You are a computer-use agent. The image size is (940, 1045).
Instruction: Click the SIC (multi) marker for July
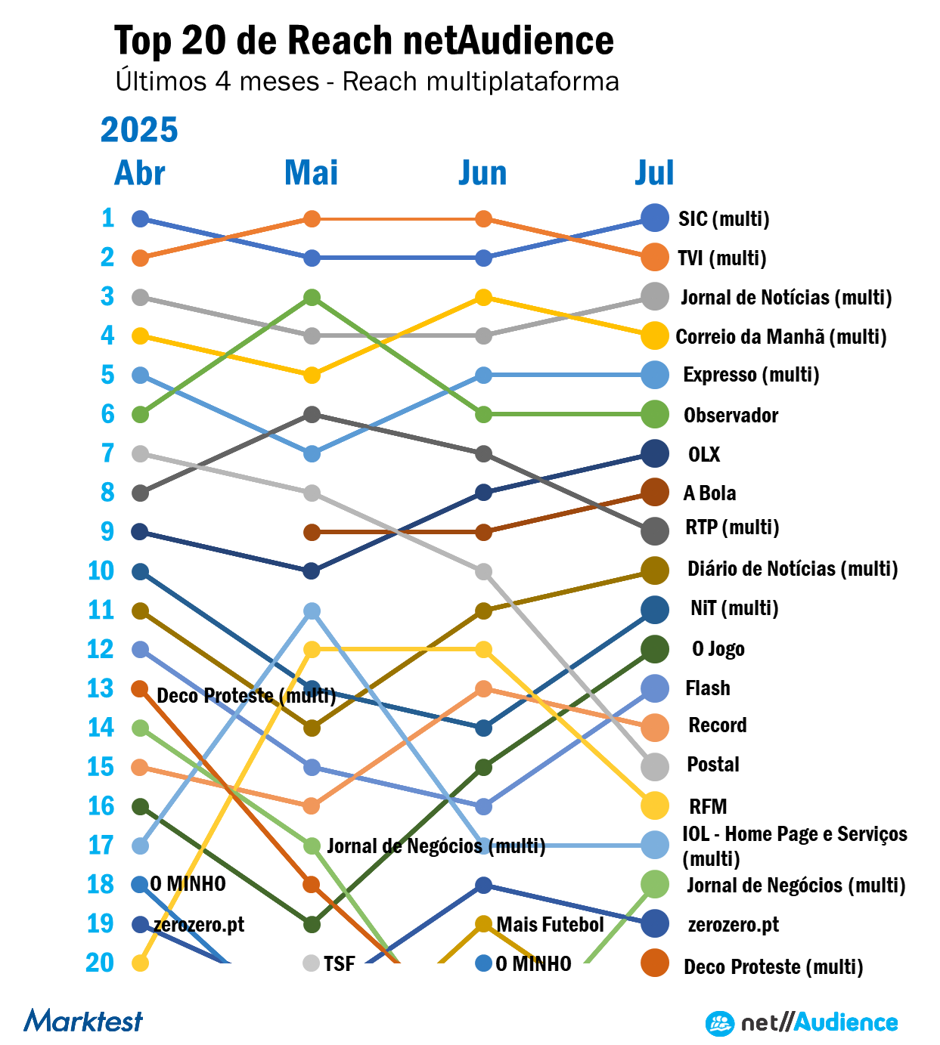[x=654, y=218]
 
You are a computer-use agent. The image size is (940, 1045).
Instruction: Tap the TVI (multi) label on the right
[x=722, y=258]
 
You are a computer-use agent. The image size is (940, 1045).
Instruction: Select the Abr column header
[x=140, y=173]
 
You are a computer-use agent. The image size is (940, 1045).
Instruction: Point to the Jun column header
[x=482, y=173]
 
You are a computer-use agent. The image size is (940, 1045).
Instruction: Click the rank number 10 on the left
[x=101, y=571]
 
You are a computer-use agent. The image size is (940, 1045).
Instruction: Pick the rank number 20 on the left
[x=100, y=963]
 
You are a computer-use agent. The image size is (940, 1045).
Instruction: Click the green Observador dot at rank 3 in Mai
[x=312, y=298]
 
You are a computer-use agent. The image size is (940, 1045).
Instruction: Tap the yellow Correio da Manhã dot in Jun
[x=484, y=298]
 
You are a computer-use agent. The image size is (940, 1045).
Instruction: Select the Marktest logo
[x=83, y=1022]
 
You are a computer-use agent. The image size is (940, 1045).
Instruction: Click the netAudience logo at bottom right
[x=802, y=1023]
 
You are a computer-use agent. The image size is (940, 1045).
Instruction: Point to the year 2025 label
[x=139, y=130]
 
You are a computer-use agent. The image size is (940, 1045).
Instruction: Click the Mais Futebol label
[x=550, y=925]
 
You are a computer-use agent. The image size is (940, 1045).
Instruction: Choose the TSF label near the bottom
[x=339, y=964]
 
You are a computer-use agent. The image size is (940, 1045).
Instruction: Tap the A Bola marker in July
[x=654, y=493]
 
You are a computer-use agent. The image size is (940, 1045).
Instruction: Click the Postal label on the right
[x=712, y=765]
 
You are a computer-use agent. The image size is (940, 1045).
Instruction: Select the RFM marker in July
[x=654, y=806]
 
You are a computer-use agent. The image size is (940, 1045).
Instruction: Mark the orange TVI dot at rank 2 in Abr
[x=140, y=258]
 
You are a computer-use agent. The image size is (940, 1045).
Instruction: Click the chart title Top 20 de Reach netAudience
[x=364, y=41]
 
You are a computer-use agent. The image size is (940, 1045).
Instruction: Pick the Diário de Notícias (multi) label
[x=793, y=569]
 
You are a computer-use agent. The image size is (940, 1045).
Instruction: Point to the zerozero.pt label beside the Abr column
[x=199, y=925]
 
